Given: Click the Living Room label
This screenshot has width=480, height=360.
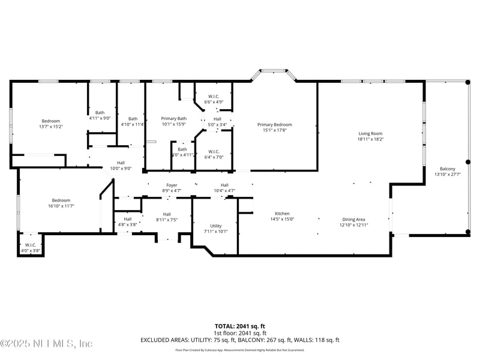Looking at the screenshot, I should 370,134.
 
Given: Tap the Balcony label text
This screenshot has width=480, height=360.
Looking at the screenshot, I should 447,169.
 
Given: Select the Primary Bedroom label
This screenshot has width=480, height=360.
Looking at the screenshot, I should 275,124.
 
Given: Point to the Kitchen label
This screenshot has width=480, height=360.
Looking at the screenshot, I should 282,214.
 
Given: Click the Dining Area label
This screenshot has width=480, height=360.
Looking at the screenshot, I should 353,219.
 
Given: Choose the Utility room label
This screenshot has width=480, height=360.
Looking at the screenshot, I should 215,226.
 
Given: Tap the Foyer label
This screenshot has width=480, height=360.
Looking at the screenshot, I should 172,185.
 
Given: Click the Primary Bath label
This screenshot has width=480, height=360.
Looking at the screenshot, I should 174,119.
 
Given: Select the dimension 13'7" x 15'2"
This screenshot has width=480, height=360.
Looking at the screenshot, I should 51,127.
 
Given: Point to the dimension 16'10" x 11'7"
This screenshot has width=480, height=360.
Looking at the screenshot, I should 64,206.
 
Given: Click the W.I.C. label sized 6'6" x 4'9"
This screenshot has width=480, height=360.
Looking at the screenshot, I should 214,97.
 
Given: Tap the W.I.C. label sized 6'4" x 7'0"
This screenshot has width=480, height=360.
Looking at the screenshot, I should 214,151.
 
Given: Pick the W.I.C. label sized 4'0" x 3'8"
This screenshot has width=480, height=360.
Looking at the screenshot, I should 31,245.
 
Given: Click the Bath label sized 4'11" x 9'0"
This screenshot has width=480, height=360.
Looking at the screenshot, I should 100,112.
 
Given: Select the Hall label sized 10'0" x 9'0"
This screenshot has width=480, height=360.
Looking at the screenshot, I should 121,163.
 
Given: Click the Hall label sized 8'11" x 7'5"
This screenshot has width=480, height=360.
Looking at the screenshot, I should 166,214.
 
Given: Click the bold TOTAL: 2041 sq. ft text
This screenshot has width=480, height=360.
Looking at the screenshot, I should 240,326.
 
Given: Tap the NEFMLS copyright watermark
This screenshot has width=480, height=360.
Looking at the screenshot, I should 46,343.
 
